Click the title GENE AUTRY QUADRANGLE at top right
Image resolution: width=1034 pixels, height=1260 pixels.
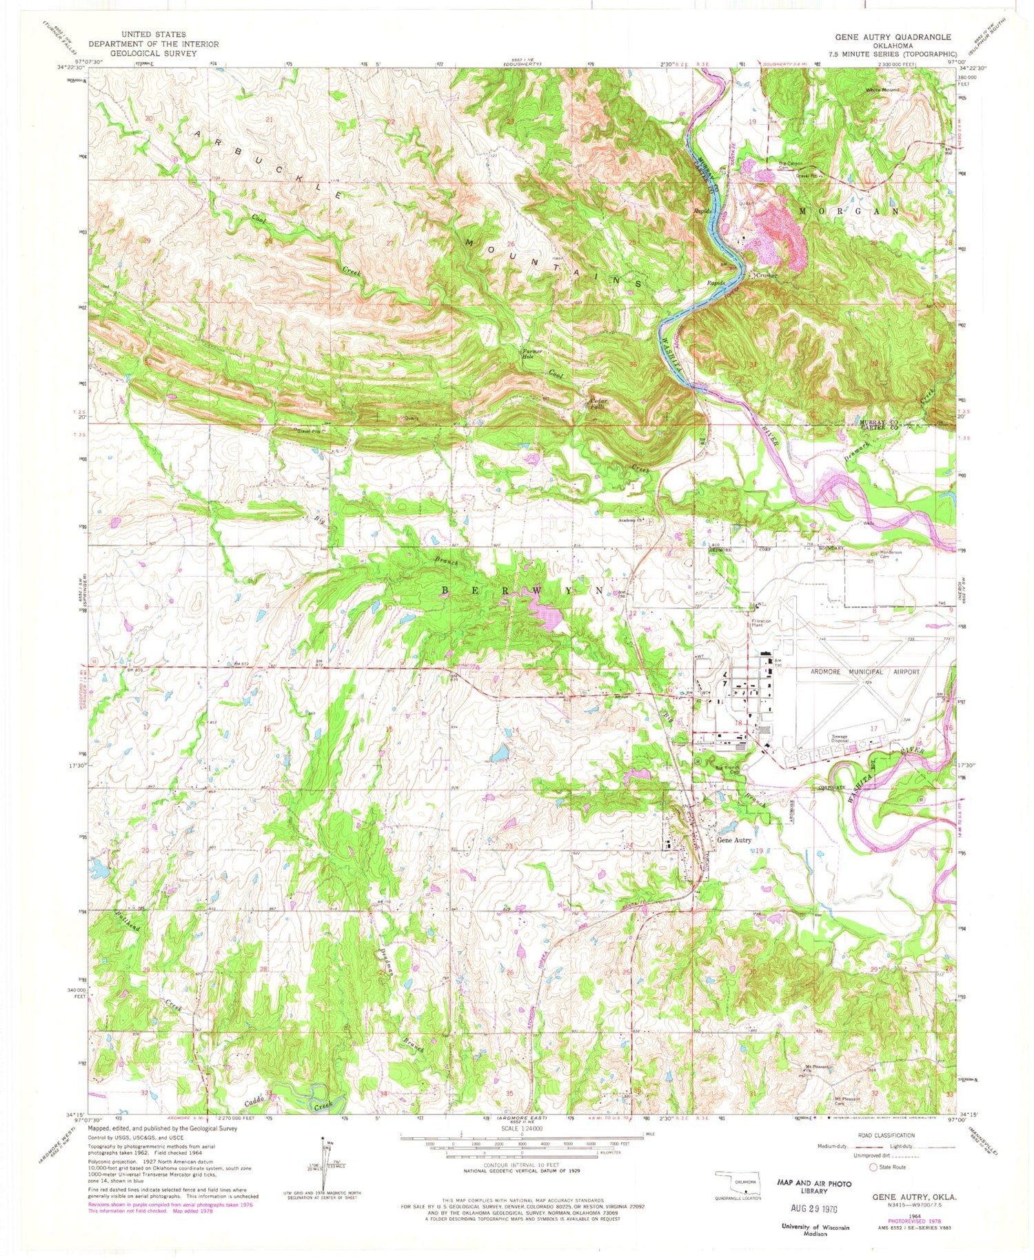coord(893,37)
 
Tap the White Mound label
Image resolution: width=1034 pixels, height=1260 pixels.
coord(886,90)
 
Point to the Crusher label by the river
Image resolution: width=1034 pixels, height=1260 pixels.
coord(766,275)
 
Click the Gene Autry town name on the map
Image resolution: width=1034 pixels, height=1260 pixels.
coord(733,840)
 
